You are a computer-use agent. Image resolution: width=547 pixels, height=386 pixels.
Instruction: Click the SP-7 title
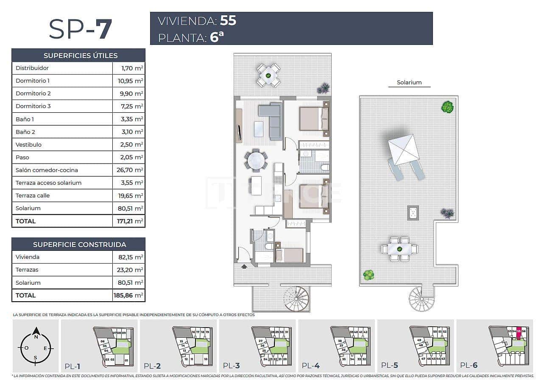pos(80,29)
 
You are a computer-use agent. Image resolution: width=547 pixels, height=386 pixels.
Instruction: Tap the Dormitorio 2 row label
pos(33,93)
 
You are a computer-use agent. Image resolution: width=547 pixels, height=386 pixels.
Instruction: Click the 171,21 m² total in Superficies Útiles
pos(128,221)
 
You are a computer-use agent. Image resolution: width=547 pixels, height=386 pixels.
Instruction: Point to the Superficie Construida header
pos(79,244)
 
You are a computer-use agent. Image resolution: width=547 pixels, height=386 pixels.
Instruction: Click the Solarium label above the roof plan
pos(409,83)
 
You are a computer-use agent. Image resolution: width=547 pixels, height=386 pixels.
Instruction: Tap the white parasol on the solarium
pos(403,150)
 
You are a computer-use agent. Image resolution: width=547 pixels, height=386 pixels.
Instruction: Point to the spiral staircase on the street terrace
pos(296,298)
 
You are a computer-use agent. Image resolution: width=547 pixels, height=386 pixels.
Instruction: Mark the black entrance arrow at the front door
pos(244,267)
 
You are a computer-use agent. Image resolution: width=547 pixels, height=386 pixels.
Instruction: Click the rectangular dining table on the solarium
pos(399,249)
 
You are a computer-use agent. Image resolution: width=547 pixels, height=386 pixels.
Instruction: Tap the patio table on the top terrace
pos(268,75)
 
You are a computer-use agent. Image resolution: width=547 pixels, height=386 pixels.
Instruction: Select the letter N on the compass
pos(36,337)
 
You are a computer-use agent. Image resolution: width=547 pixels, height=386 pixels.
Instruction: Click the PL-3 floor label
pos(232,366)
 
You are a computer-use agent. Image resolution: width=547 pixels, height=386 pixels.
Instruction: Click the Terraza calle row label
pos(33,195)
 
